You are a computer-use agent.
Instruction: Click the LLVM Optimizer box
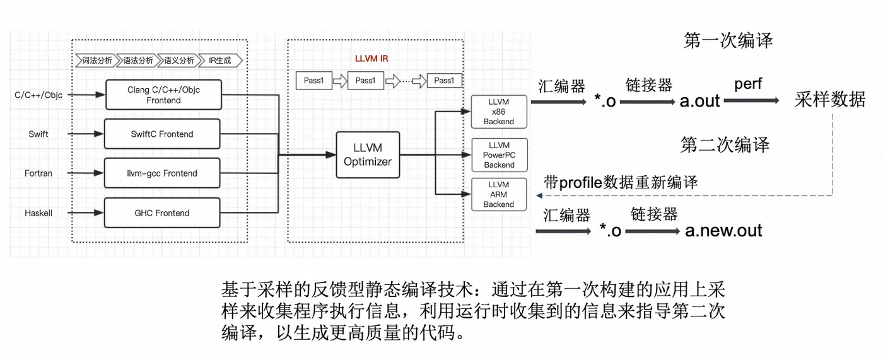coord(368,154)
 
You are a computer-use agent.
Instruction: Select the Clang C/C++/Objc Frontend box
coord(163,95)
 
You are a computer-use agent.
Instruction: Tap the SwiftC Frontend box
coord(161,134)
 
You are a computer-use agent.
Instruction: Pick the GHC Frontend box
coord(161,213)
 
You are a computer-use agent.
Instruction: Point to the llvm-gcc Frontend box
coord(161,173)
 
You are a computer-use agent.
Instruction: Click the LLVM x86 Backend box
coord(498,112)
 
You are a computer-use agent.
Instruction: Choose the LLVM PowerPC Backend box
coord(498,155)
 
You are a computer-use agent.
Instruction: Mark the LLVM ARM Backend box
coord(498,194)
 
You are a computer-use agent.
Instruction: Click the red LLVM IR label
coord(371,59)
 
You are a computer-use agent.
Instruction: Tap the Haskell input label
coord(38,213)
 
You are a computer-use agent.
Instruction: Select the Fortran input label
coord(38,173)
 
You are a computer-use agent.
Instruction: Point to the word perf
coord(748,83)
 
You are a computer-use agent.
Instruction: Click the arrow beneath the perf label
coord(750,100)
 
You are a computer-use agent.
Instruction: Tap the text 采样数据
coord(829,99)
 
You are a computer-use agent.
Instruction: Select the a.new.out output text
coord(723,231)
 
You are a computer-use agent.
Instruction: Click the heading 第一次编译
coord(728,41)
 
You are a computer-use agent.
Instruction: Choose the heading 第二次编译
coord(725,144)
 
